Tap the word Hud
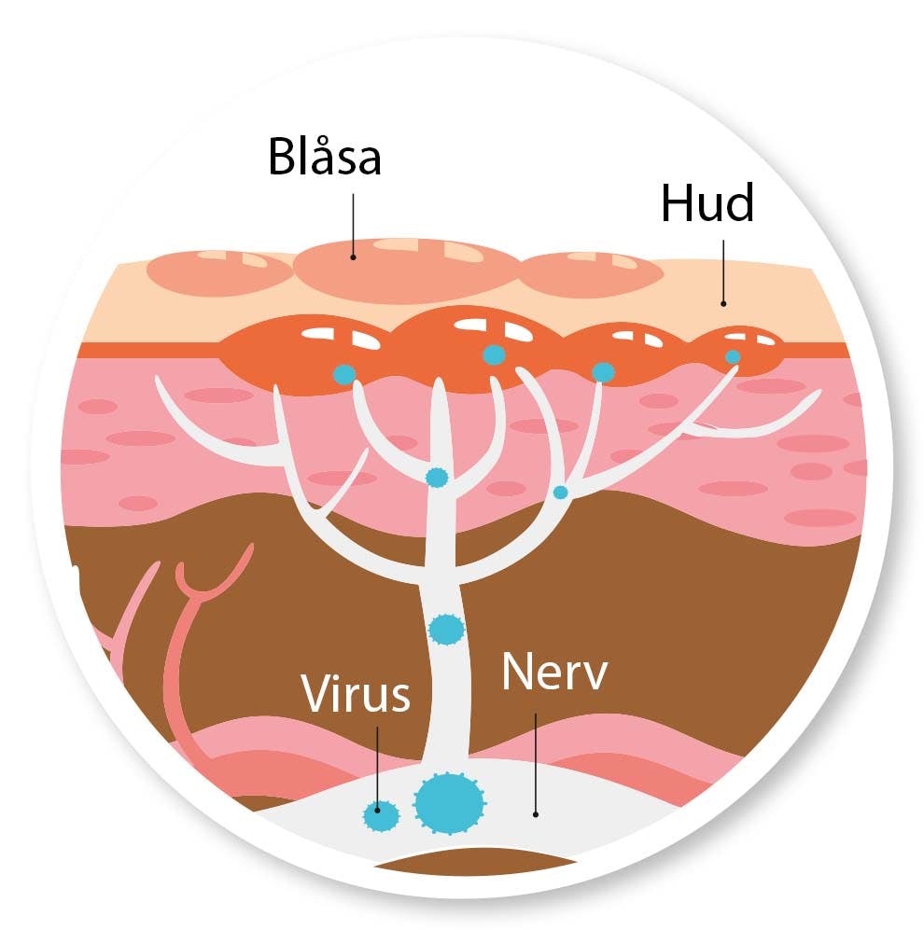click(x=707, y=204)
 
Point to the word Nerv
click(x=553, y=673)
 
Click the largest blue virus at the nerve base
click(x=450, y=801)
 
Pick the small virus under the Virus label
click(x=380, y=815)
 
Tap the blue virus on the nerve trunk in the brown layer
click(x=446, y=629)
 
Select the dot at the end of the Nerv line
click(x=536, y=813)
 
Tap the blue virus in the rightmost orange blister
click(x=733, y=356)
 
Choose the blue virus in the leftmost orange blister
click(x=344, y=373)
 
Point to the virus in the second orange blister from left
click(x=493, y=354)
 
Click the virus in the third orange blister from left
click(x=603, y=372)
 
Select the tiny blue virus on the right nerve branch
click(x=560, y=492)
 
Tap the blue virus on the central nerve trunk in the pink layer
click(x=436, y=478)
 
